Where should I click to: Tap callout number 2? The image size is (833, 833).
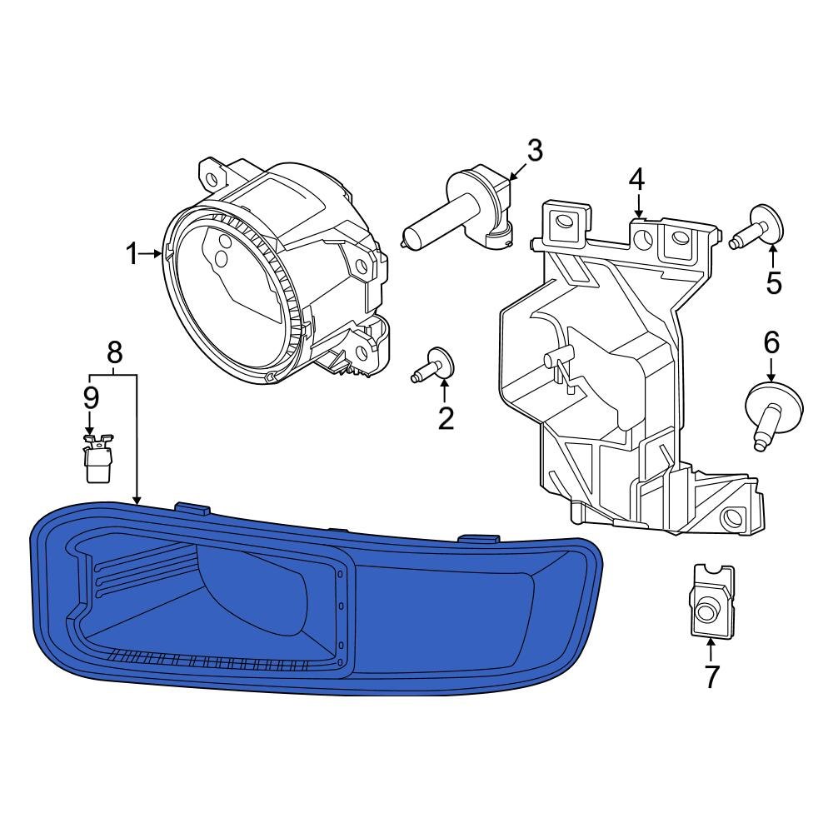coord(446,417)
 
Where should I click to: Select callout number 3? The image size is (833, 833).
coord(534,151)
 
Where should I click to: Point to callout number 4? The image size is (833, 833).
coord(636,177)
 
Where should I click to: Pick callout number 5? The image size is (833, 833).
coord(774,283)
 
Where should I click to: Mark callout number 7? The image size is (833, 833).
coord(711,677)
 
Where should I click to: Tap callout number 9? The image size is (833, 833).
coord(90,397)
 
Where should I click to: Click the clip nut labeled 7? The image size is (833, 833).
coord(712,601)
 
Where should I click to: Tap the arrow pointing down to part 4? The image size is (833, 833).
coord(637,204)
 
